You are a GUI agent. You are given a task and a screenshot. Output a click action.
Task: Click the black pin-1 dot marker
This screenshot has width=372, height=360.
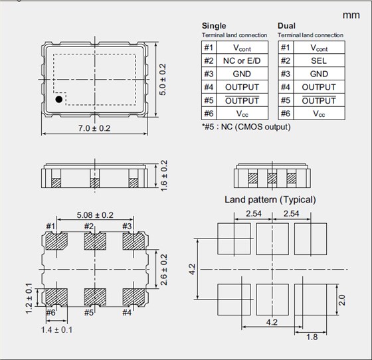[x=59, y=99]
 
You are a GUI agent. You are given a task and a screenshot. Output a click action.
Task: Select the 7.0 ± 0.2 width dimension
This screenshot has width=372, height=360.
[x=94, y=128]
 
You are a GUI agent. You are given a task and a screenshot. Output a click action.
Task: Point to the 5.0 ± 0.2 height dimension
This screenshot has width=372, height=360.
[x=163, y=80]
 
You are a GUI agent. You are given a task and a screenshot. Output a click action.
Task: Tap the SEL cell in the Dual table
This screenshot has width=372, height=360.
[x=319, y=60]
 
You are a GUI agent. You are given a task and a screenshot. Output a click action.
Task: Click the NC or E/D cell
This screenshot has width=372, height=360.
[x=242, y=60]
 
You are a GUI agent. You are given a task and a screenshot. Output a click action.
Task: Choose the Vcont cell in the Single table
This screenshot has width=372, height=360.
[x=242, y=48]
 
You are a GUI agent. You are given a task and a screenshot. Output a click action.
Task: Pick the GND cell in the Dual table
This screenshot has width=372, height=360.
[x=319, y=74]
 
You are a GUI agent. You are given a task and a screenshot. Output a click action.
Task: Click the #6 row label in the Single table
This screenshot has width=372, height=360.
[x=209, y=114]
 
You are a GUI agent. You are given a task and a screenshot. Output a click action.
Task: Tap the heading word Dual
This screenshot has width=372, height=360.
[x=286, y=26]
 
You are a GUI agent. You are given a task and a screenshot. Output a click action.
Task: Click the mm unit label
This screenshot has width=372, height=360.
[x=351, y=15]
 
